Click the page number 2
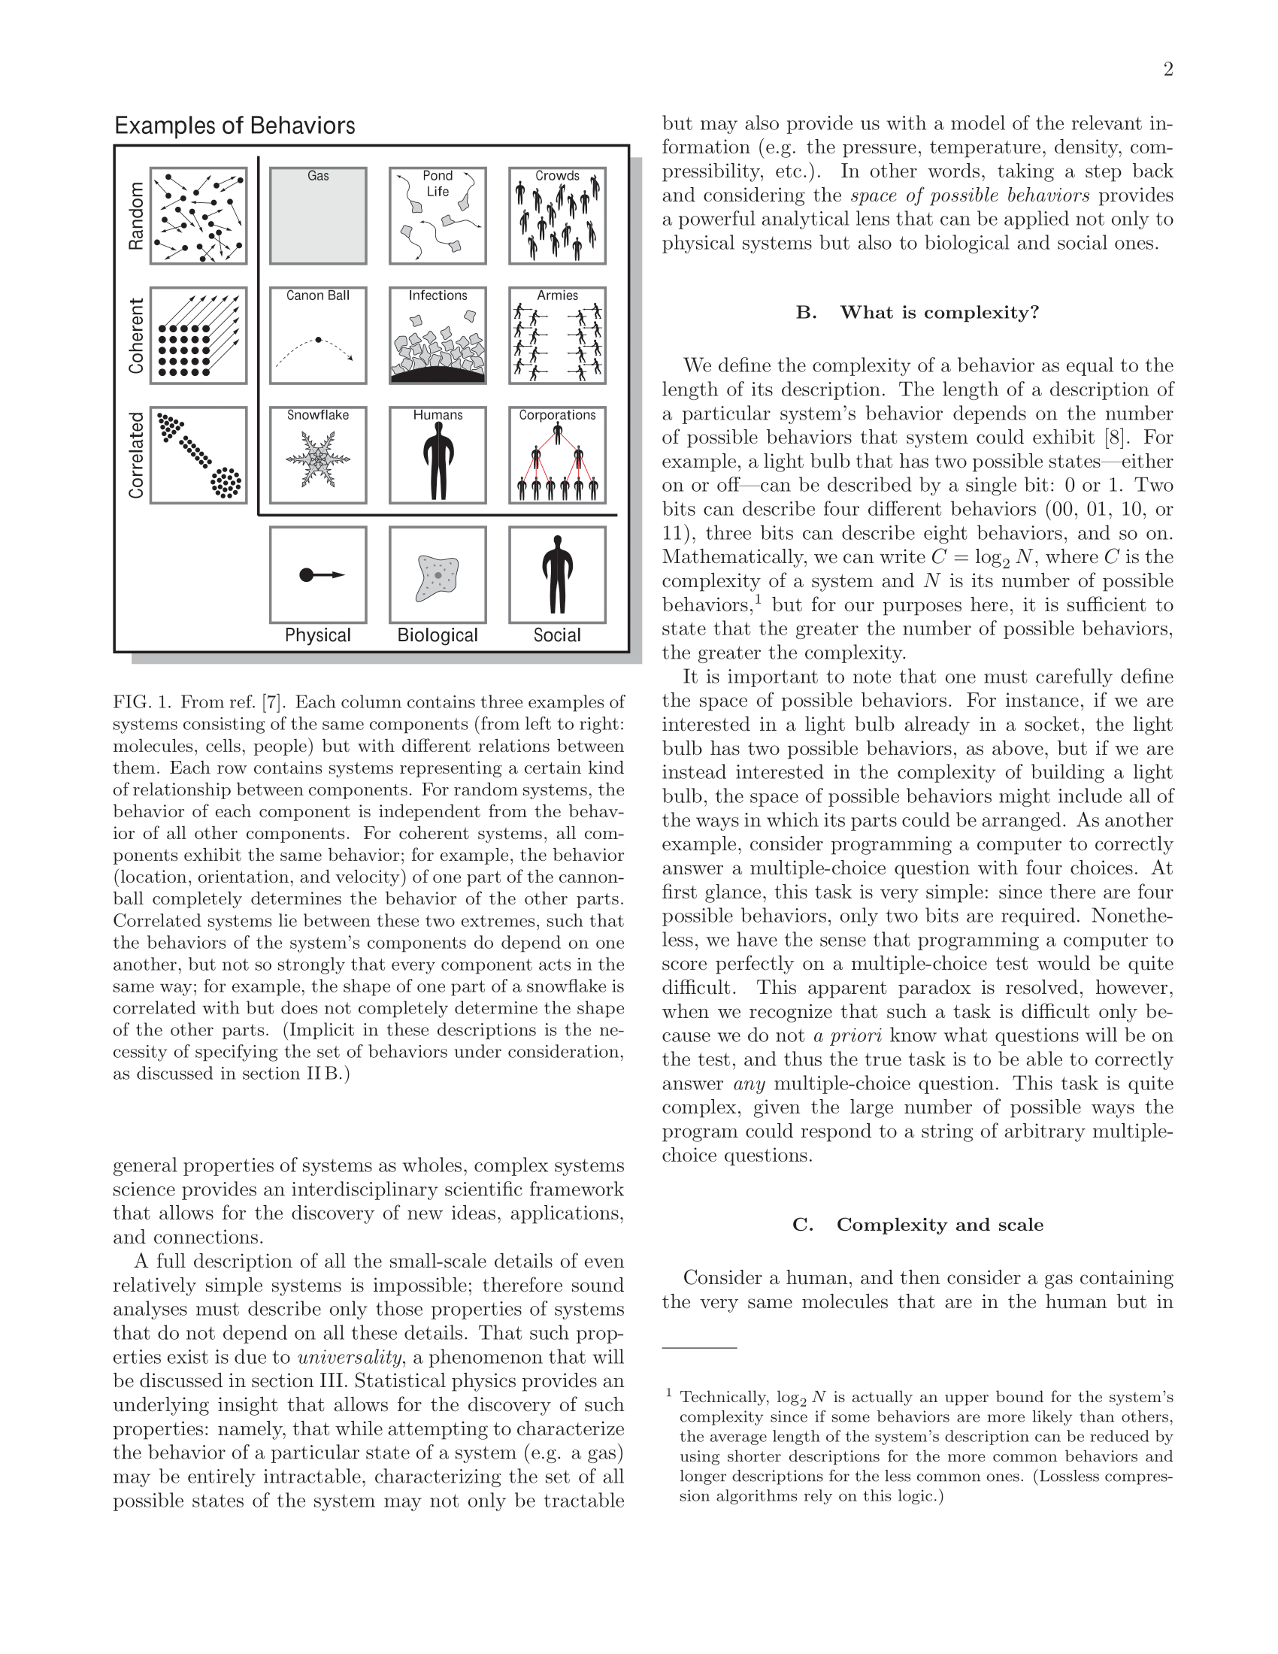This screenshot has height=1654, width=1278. (1168, 70)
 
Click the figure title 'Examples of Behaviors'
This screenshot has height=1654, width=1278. (235, 126)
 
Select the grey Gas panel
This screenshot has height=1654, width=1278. (318, 216)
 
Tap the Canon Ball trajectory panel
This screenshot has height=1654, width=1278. (318, 335)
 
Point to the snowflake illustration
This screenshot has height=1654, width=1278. (318, 459)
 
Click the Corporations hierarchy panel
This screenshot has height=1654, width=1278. (557, 455)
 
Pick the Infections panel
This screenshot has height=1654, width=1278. (438, 335)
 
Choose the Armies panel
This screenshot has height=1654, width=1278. (557, 335)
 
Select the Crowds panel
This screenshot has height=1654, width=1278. (557, 216)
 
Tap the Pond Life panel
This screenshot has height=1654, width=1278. (438, 216)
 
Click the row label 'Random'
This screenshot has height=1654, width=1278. (136, 216)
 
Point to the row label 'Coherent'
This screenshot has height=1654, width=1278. (136, 335)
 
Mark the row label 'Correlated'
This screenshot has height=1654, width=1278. (136, 455)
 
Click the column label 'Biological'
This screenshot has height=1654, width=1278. (438, 635)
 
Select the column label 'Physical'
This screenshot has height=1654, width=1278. (318, 635)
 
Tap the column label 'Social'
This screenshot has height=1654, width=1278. (557, 635)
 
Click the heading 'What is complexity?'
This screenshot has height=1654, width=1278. (939, 313)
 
